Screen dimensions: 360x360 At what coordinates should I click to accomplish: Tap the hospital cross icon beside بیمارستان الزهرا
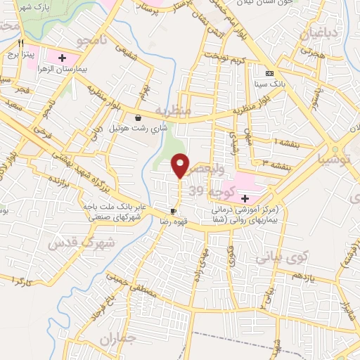62,57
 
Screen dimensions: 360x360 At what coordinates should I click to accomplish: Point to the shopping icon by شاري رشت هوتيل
137,118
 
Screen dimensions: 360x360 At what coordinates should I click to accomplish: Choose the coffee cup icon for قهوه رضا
173,211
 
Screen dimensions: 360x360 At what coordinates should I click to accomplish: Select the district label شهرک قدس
70,243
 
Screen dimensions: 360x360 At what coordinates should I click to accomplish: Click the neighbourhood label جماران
116,341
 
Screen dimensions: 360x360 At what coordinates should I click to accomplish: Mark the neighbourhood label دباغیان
323,33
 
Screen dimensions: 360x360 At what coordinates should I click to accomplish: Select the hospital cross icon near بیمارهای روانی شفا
245,199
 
